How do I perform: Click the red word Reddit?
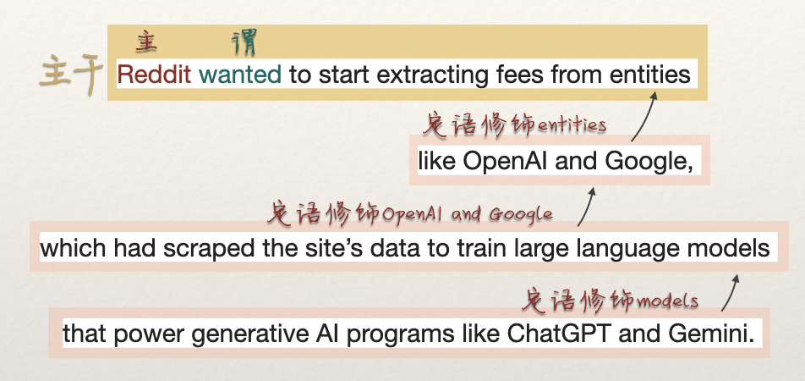pos(154,75)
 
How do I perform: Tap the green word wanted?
pos(240,75)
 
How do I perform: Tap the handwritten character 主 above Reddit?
pos(146,42)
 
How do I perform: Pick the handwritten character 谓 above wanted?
pos(244,42)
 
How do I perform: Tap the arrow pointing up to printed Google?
pos(586,207)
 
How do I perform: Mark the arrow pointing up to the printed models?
pos(731,293)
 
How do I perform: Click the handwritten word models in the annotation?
pos(668,301)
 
